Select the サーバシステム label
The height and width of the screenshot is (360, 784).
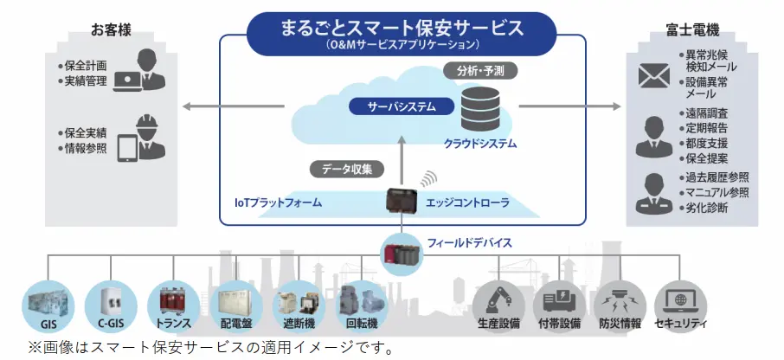coord(391,107)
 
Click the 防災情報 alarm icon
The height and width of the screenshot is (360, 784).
coord(620,300)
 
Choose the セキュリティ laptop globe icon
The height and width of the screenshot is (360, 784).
coord(680,300)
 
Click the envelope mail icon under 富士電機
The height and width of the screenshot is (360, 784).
coord(655,75)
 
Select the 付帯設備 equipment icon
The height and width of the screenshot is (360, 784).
coord(558,300)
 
